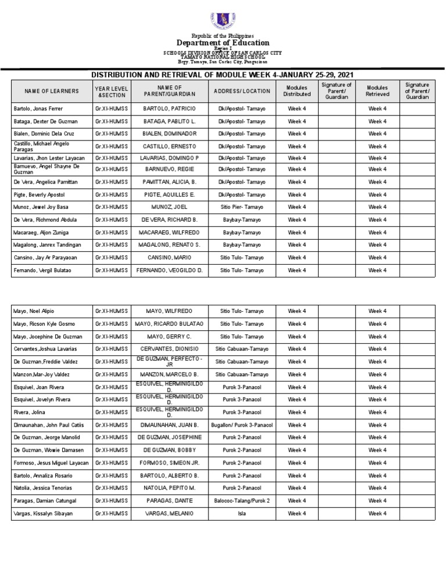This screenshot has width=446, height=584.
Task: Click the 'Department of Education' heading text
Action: (x=223, y=43)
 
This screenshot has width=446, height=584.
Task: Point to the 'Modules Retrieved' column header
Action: (x=377, y=91)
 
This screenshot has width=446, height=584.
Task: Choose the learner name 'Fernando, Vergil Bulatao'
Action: (x=42, y=271)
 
